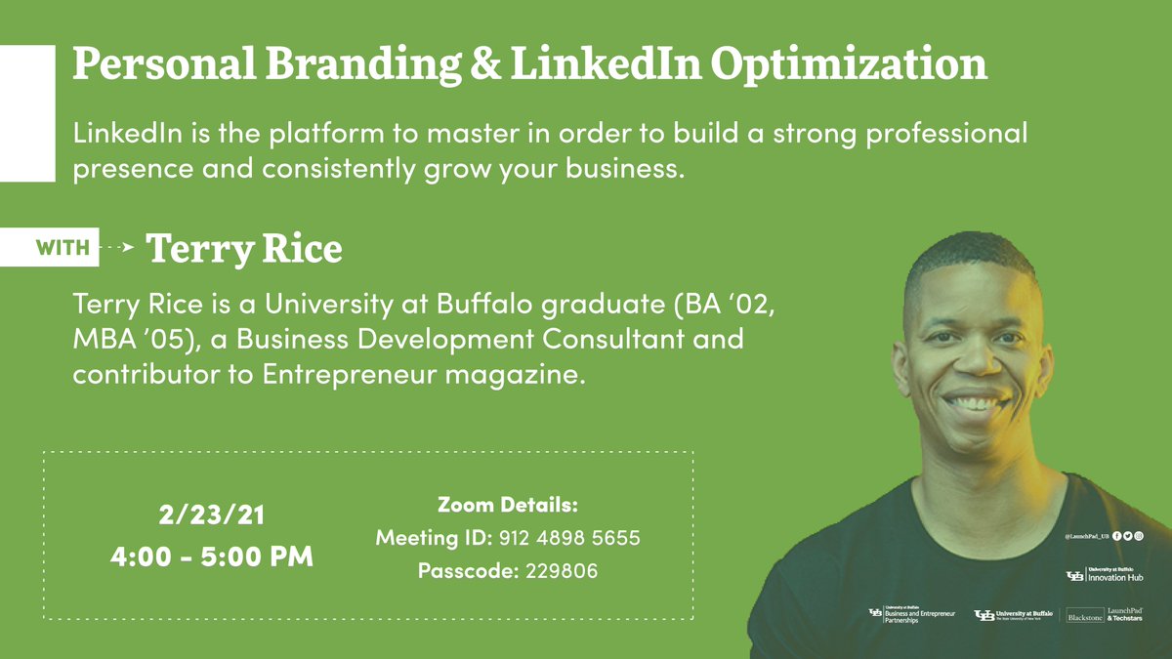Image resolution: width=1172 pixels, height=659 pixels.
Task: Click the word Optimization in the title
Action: [x=848, y=64]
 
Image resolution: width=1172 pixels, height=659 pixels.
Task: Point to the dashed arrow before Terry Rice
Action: [x=118, y=249]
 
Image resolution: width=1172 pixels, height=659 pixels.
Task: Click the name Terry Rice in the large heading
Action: [x=244, y=249]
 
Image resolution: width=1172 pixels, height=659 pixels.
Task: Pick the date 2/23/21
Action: [x=212, y=514]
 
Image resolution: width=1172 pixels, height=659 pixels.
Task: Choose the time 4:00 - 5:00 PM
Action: [x=212, y=558]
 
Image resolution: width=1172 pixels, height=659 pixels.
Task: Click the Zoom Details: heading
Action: [x=508, y=506]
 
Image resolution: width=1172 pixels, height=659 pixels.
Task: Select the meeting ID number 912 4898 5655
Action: [x=569, y=538]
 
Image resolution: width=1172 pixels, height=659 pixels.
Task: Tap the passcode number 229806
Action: [x=562, y=571]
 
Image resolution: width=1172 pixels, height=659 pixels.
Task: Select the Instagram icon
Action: [x=1138, y=536]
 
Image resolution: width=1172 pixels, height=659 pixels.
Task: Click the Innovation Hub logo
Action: [x=1105, y=575]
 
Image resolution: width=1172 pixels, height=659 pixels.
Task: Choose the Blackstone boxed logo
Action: [x=1085, y=617]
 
